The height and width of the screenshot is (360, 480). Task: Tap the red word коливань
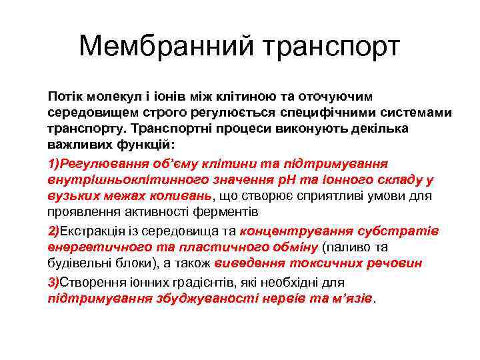[176, 196]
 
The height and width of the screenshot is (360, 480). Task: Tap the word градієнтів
[192, 282]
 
